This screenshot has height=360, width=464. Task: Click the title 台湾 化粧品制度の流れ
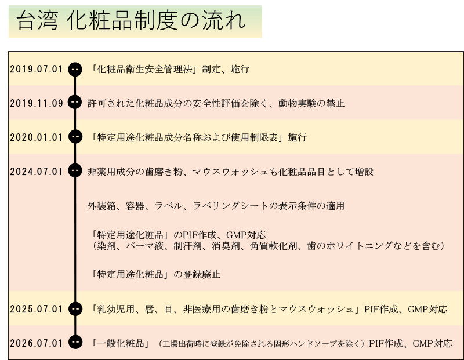[131, 20]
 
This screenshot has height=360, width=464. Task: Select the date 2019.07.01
[37, 69]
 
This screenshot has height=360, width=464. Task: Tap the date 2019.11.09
[37, 103]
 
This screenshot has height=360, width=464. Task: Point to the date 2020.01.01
[37, 137]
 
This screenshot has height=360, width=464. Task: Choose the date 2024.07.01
[37, 172]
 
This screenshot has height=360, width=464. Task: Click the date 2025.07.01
[37, 309]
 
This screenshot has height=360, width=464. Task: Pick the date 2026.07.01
[37, 343]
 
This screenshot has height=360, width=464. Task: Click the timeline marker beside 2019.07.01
[75, 69]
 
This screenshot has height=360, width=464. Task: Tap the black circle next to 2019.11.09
[75, 102]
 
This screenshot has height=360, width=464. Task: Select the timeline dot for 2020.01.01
[75, 136]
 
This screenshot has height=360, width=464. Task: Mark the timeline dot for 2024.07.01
[75, 170]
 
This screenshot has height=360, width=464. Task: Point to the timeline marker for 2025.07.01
[75, 309]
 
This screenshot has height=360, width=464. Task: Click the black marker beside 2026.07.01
[75, 342]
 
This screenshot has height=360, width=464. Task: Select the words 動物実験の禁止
[311, 103]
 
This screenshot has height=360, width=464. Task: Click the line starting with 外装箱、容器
[216, 206]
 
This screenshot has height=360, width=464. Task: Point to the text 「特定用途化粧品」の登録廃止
[155, 275]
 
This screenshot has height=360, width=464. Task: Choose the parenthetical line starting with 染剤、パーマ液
[268, 246]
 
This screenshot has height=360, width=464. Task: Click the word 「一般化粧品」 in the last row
[120, 343]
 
